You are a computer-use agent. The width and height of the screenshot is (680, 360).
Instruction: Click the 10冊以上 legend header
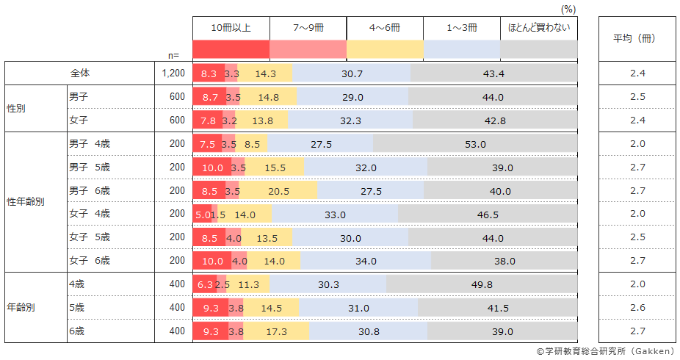[x=231, y=27]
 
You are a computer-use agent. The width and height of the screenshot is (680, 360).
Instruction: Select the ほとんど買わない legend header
[x=538, y=27]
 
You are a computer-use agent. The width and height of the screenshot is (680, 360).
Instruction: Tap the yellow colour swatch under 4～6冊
[x=385, y=49]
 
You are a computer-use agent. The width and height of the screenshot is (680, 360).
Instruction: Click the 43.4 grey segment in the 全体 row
[x=493, y=73]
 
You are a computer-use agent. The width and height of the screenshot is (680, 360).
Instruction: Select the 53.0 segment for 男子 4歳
[x=475, y=144]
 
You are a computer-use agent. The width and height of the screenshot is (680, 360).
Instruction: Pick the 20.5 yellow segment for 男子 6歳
[x=278, y=191]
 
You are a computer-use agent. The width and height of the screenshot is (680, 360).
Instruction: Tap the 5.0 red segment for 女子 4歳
[x=202, y=215]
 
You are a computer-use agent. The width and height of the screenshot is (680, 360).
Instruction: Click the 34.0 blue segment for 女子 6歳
[x=365, y=261]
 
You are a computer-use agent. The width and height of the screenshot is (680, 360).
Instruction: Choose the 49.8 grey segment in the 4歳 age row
[x=482, y=284]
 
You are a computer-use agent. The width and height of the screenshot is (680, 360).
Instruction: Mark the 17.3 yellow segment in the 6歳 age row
[x=277, y=331]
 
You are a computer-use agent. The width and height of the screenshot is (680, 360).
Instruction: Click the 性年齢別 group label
[x=25, y=201]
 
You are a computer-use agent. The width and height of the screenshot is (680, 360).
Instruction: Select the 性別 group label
[x=15, y=108]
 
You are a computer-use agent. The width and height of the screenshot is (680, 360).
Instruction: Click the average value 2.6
[x=637, y=308]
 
